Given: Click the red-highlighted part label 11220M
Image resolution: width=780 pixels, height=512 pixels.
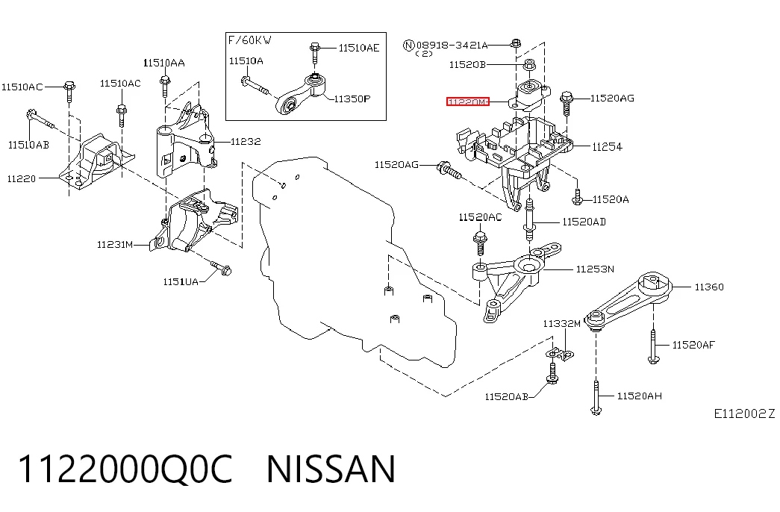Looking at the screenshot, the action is (467, 102).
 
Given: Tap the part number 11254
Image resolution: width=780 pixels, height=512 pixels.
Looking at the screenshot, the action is (607, 147).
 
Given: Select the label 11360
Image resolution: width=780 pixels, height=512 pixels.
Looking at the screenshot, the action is (709, 287).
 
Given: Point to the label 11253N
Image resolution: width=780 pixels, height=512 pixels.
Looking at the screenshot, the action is (595, 269).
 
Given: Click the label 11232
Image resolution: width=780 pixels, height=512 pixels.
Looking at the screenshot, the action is (246, 141).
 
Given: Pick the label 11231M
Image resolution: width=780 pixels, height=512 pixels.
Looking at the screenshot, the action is (115, 244).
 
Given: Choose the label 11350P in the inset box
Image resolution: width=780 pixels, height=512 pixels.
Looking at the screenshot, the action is (352, 99).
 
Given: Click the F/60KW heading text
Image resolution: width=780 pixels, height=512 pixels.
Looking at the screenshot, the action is (250, 40).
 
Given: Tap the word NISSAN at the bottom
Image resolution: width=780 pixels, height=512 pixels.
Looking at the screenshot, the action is (331, 469).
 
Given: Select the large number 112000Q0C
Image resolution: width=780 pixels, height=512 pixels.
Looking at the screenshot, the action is (125, 469).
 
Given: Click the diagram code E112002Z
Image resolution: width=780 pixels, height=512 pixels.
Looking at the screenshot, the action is (744, 413).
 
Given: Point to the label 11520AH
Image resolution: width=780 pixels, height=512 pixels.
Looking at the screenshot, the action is (639, 396).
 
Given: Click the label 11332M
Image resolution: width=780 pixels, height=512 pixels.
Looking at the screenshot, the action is (561, 324).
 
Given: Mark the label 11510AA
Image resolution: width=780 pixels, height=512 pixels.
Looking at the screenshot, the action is (163, 63).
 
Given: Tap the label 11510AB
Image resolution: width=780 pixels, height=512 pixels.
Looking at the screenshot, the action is (28, 145).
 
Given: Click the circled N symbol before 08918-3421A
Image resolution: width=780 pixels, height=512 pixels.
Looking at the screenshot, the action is (408, 46).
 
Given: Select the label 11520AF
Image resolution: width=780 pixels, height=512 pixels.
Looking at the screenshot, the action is (693, 345).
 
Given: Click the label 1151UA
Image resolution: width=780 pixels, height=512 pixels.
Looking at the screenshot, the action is (181, 282).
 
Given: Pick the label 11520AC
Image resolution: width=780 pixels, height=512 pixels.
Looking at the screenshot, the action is (480, 217).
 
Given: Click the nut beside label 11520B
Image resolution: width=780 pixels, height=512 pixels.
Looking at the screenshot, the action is (529, 64).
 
